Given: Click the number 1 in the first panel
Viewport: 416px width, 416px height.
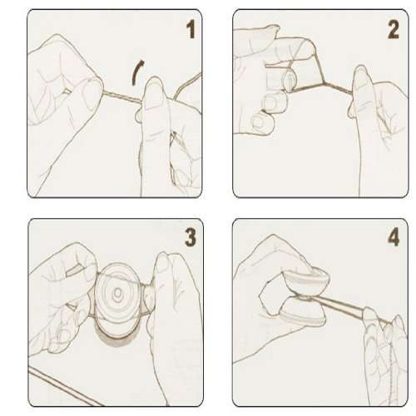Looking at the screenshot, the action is tap(191, 29).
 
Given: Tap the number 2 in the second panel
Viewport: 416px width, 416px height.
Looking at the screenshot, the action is tap(394, 29).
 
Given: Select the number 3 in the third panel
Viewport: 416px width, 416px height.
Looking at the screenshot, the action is tap(191, 237).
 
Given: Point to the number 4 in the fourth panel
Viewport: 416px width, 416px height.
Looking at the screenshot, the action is tap(394, 237).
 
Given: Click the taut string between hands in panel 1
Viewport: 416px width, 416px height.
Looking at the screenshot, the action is tap(121, 97).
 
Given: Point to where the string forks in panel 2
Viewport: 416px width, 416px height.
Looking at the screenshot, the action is tap(324, 83).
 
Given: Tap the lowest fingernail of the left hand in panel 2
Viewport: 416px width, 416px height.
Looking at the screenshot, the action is tap(258, 122).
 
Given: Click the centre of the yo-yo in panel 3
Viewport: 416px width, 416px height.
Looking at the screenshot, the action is tap(118, 293).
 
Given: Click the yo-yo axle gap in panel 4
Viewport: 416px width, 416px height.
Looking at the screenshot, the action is tap(308, 298).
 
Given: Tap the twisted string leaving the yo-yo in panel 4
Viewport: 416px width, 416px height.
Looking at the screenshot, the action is tap(341, 307).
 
